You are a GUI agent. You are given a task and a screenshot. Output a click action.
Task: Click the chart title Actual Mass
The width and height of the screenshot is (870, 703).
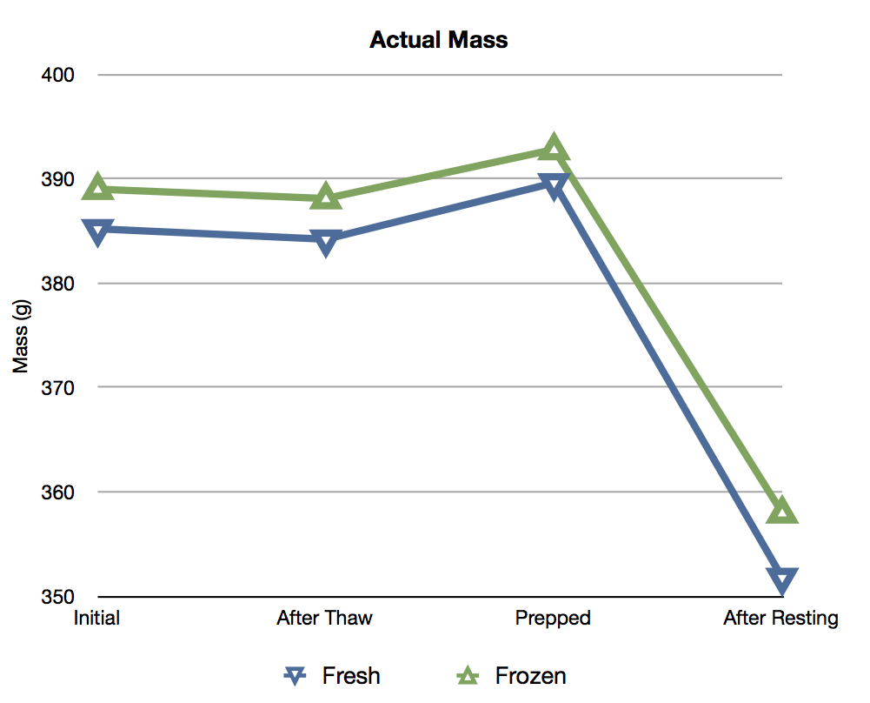(438, 40)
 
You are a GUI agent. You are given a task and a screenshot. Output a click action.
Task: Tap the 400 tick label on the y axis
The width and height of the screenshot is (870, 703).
(57, 75)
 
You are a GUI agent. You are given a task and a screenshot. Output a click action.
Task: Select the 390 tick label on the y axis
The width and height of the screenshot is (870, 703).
(57, 179)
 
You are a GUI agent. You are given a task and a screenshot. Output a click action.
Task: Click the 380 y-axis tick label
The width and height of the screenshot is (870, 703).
(57, 284)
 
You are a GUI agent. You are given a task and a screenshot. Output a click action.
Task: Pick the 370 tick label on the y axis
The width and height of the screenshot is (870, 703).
(57, 387)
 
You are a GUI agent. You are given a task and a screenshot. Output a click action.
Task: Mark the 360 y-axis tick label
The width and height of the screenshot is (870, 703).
(57, 492)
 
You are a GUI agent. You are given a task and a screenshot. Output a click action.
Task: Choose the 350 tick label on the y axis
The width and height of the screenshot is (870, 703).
(57, 597)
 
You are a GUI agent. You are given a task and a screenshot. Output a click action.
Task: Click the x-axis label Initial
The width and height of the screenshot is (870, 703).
(96, 619)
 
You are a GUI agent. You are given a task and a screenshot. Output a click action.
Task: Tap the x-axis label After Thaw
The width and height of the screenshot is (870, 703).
(324, 619)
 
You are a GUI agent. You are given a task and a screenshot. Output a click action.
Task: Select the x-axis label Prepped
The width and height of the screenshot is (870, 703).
(553, 619)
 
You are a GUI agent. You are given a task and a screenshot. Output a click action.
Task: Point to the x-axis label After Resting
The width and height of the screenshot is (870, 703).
(780, 619)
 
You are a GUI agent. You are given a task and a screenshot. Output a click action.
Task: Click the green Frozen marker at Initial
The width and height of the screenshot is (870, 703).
(97, 187)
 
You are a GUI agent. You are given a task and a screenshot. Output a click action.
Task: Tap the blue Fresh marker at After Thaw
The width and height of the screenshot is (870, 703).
(326, 241)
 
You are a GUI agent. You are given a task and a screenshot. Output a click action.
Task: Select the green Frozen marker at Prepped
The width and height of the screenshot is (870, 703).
(553, 148)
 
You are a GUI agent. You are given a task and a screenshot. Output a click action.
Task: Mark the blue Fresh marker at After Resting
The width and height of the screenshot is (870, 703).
(782, 580)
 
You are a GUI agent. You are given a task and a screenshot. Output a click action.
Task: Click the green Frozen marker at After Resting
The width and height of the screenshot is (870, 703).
(782, 510)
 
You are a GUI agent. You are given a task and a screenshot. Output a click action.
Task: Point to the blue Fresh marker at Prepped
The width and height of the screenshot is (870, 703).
(553, 184)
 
